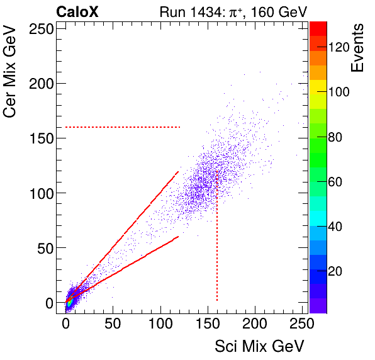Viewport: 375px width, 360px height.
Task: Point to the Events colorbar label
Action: pyautogui.click(x=357, y=48)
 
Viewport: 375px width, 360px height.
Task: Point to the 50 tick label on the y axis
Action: pyautogui.click(x=45, y=248)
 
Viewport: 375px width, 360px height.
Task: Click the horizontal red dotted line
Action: pyautogui.click(x=123, y=127)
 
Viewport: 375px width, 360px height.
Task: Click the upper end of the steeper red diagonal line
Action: pyautogui.click(x=178, y=171)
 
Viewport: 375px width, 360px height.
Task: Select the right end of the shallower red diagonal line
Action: pyautogui.click(x=179, y=237)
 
